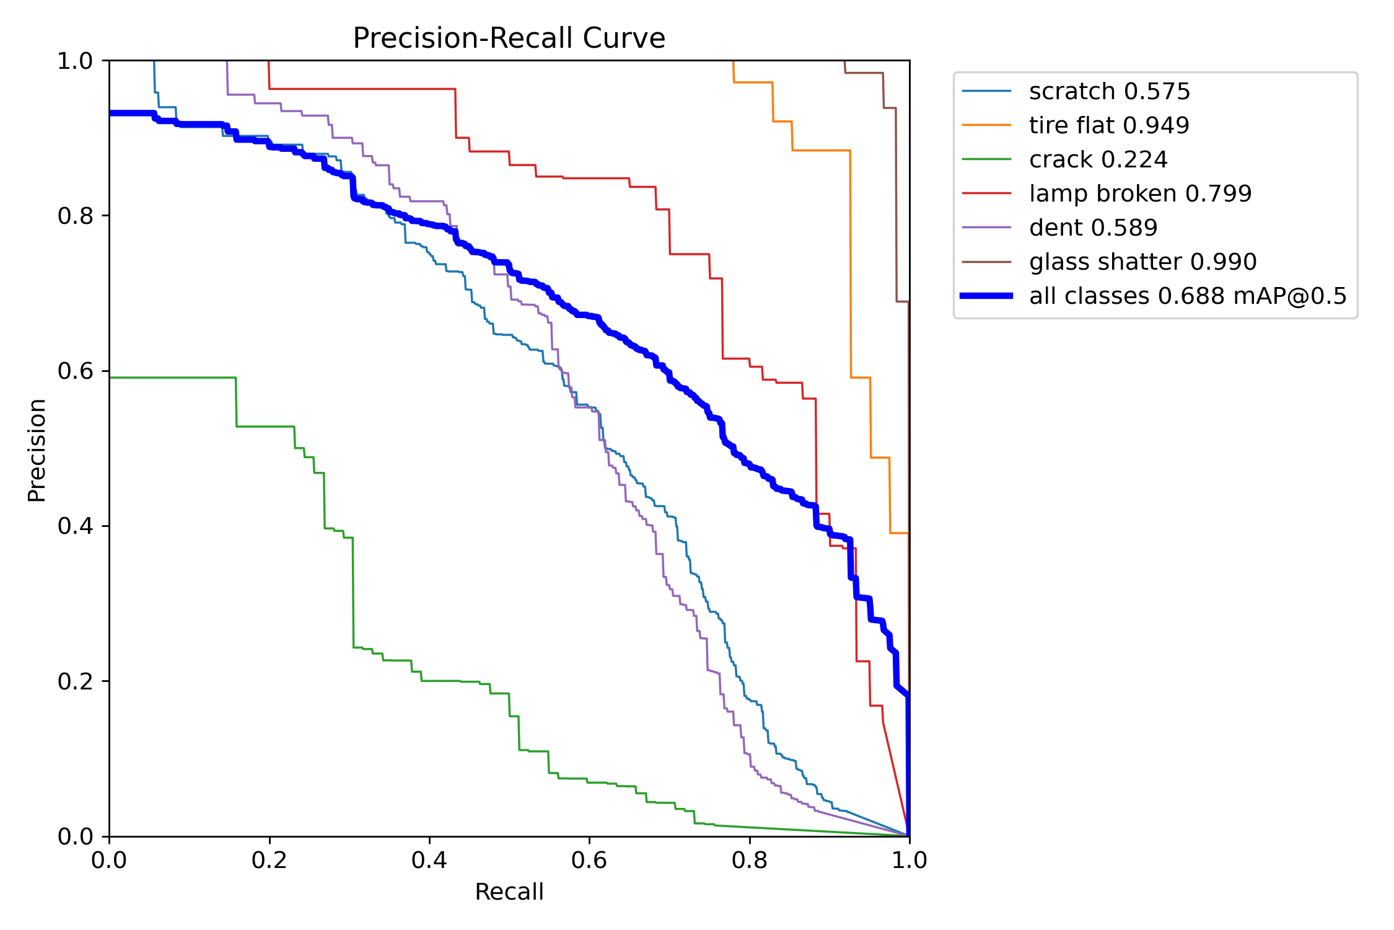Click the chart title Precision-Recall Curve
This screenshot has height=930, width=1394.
click(x=509, y=38)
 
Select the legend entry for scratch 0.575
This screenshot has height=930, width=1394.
click(x=1109, y=92)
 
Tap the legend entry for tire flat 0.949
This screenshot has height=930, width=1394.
click(x=1109, y=126)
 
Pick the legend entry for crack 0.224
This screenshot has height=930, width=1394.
click(x=1098, y=160)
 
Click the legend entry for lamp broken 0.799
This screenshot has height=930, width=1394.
click(x=1140, y=194)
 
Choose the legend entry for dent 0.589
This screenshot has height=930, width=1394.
click(x=1093, y=228)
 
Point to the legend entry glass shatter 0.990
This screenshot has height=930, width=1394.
click(x=1142, y=262)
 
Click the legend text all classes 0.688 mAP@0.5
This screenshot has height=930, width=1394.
click(x=1188, y=296)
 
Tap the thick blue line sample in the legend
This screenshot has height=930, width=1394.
click(x=986, y=296)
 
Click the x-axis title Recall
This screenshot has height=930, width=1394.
click(x=509, y=892)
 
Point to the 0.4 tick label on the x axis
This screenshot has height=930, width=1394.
click(x=429, y=861)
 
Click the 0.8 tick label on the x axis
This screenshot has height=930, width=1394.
click(x=750, y=861)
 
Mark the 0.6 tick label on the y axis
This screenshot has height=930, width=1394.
click(x=74, y=371)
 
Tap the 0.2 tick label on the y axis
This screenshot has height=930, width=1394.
click(x=74, y=681)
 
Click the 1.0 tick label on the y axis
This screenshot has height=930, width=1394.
click(x=74, y=61)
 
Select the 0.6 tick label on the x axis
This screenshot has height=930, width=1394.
click(x=589, y=861)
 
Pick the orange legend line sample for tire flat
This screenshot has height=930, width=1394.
click(x=986, y=126)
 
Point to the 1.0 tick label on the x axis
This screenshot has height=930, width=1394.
click(x=909, y=861)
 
